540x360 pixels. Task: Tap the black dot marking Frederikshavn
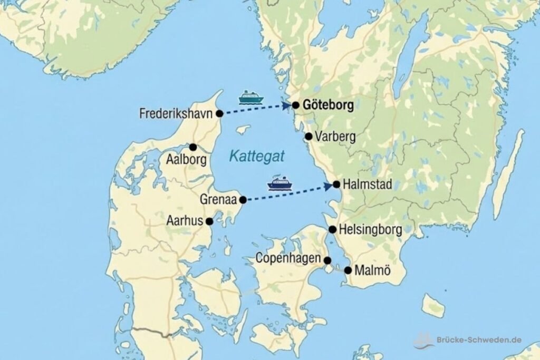[220, 113]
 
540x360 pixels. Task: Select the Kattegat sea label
[257, 155]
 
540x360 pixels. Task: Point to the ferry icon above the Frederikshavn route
[251, 97]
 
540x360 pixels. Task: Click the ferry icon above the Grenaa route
[280, 183]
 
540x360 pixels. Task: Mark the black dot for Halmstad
[336, 184]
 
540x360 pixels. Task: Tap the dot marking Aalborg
[194, 147]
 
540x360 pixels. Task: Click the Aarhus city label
[184, 220]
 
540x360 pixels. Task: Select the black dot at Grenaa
[243, 200]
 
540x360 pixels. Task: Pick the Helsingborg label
[371, 229]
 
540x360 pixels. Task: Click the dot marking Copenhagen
[327, 260]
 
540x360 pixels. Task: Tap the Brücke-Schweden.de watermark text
[480, 339]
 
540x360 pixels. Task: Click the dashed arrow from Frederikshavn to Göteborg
[256, 110]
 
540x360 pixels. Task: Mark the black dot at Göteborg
[296, 105]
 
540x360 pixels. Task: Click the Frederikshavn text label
[176, 113]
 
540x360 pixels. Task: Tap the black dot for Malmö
[348, 270]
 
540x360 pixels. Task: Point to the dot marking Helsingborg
[333, 229]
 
